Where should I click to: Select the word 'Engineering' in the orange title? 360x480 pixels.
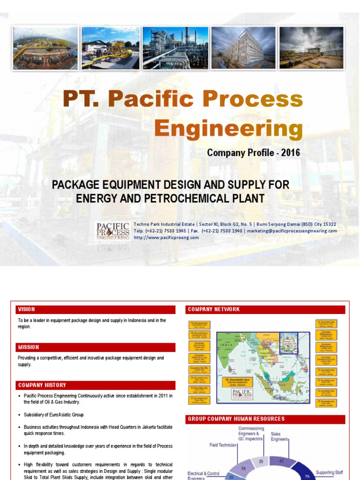tap(228, 127)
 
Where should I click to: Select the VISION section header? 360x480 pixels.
tap(27, 309)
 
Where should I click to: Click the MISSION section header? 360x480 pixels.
tap(29, 347)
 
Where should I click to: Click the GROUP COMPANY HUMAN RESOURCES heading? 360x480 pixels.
tap(236, 419)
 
